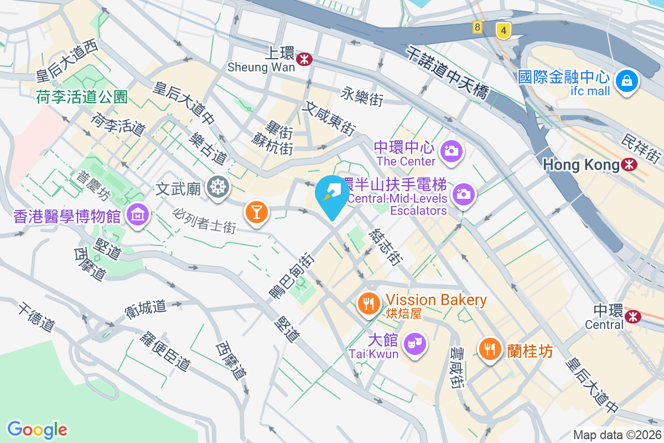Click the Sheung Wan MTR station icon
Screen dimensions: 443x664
coord(303,59)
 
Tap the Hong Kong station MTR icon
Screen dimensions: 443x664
coord(629,164)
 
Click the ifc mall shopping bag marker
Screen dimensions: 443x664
coord(627,81)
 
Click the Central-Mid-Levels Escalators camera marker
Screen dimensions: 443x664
coord(464,193)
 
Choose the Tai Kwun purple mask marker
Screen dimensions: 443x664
coord(414,343)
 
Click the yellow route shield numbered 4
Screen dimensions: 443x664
coord(503,30)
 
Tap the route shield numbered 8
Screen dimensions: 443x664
coord(477,27)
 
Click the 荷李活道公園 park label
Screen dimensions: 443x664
coord(82,97)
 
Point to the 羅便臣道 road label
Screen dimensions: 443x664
coord(165,352)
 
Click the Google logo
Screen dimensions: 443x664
coord(37,429)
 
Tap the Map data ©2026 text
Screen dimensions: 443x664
coord(617,435)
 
